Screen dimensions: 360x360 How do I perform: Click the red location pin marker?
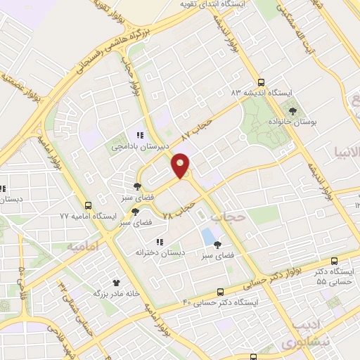(x=181, y=165)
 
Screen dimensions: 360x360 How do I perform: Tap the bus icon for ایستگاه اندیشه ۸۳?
(x=262, y=82)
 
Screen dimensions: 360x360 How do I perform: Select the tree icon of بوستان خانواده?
(x=292, y=110)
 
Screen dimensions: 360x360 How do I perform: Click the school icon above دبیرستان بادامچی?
(x=140, y=135)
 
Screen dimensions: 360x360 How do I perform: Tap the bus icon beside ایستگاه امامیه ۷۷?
(x=88, y=206)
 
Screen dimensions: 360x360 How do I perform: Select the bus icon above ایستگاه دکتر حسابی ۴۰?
(x=221, y=291)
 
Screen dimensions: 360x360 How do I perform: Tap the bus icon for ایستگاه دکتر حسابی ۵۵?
(x=333, y=259)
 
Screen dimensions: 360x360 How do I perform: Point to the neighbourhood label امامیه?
(x=82, y=247)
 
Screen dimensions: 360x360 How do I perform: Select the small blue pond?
(x=207, y=235)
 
